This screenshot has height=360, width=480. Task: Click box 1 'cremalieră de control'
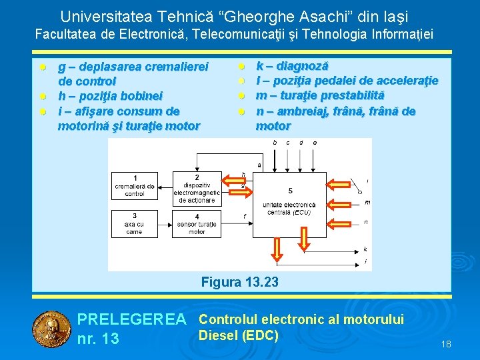[135, 186]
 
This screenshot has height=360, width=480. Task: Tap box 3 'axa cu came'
[135, 224]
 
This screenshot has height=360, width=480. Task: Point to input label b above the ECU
[275, 143]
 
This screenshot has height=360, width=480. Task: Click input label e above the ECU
[315, 143]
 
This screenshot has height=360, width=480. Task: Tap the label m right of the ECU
[367, 202]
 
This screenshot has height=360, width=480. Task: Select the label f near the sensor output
[245, 216]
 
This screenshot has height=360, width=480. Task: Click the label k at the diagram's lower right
[365, 249]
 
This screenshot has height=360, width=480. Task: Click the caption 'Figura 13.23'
[239, 283]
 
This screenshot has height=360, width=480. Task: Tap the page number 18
[446, 344]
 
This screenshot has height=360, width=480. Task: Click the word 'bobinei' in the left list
[142, 96]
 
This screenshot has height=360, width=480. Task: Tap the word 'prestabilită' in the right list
[353, 96]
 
